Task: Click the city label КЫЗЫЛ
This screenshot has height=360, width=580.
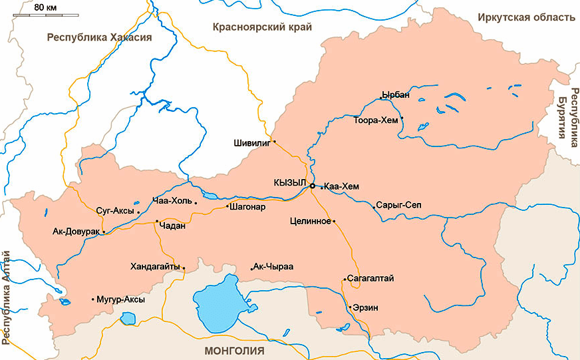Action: click(289, 183)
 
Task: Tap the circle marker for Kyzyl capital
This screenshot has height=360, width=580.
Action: click(312, 187)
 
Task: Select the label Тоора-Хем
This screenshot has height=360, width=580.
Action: click(376, 120)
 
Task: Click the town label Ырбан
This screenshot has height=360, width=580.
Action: click(396, 95)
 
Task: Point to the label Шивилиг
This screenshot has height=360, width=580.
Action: click(251, 142)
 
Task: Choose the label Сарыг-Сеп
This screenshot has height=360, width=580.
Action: click(398, 205)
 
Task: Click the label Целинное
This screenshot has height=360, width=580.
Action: click(311, 221)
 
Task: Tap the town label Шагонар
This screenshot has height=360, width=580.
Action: click(247, 206)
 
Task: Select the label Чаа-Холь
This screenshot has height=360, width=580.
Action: click(172, 201)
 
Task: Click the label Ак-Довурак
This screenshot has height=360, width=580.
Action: click(76, 232)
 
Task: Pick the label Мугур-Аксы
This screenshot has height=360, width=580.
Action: click(121, 299)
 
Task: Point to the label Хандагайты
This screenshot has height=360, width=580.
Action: click(156, 268)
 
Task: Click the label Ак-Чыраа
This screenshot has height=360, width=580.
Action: click(274, 267)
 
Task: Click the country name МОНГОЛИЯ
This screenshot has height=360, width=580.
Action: click(235, 350)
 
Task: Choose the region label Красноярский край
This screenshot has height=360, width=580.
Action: click(262, 27)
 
